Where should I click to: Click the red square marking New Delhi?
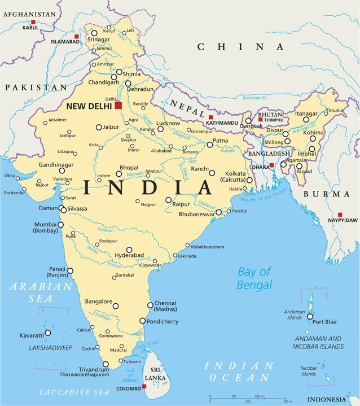coord(118,105)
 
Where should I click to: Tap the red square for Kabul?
coord(33,22)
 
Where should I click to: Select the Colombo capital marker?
coord(144,386)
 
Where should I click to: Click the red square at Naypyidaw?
coord(340,215)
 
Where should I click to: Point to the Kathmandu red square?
coord(210,117)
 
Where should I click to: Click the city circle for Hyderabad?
coord(129,250)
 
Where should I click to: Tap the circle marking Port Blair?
coord(310,316)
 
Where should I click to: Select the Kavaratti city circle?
coord(55,333)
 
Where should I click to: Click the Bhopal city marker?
coord(120,174)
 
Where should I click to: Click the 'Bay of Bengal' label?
coord(254,278)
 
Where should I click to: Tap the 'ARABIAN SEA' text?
coord(41,293)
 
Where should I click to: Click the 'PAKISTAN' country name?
coord(35,88)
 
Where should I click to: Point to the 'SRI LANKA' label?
coord(155,373)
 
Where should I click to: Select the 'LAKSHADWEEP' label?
coord(51,348)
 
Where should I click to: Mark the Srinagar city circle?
coord(94,33)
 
